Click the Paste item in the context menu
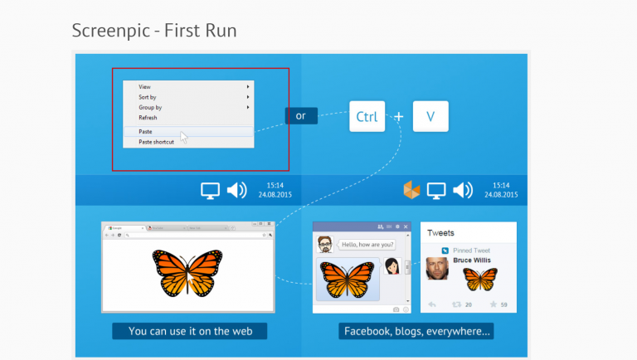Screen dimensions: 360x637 [146, 132]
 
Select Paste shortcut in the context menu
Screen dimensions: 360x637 [157, 142]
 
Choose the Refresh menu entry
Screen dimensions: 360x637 [148, 118]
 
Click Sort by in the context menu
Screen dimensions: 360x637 [148, 97]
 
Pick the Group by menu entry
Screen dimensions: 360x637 [150, 107]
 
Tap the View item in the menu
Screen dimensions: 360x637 [145, 86]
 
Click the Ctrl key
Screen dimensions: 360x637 [367, 117]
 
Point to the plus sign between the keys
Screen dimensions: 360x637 [398, 117]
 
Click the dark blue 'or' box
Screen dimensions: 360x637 [301, 116]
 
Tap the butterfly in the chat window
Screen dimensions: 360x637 [347, 279]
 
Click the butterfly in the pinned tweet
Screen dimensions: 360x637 [480, 279]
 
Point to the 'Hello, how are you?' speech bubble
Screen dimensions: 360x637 [365, 245]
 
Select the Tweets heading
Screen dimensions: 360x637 [440, 233]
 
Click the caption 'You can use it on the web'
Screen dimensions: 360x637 [189, 331]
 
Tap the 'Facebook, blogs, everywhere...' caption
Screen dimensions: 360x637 [417, 331]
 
